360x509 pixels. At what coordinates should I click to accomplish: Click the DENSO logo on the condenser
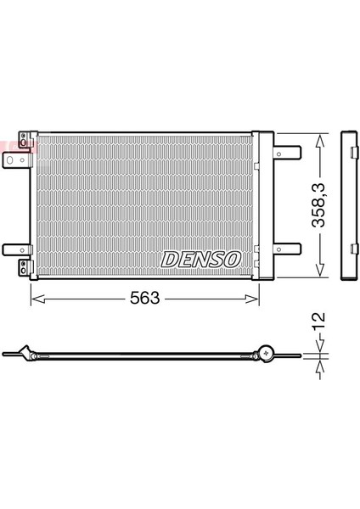pyautogui.click(x=201, y=259)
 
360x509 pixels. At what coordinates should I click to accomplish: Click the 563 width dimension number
pyautogui.click(x=145, y=298)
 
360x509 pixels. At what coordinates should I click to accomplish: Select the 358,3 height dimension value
pyautogui.click(x=318, y=204)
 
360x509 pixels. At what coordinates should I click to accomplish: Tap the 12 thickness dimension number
pyautogui.click(x=319, y=321)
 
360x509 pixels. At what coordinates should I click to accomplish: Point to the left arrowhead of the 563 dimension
pyautogui.click(x=38, y=299)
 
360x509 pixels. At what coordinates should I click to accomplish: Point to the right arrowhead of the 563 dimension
pyautogui.click(x=252, y=299)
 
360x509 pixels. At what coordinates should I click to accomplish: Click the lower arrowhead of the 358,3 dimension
pyautogui.click(x=320, y=270)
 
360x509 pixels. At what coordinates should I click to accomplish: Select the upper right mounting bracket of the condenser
pyautogui.click(x=287, y=152)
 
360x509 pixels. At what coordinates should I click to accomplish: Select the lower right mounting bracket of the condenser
pyautogui.click(x=287, y=249)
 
